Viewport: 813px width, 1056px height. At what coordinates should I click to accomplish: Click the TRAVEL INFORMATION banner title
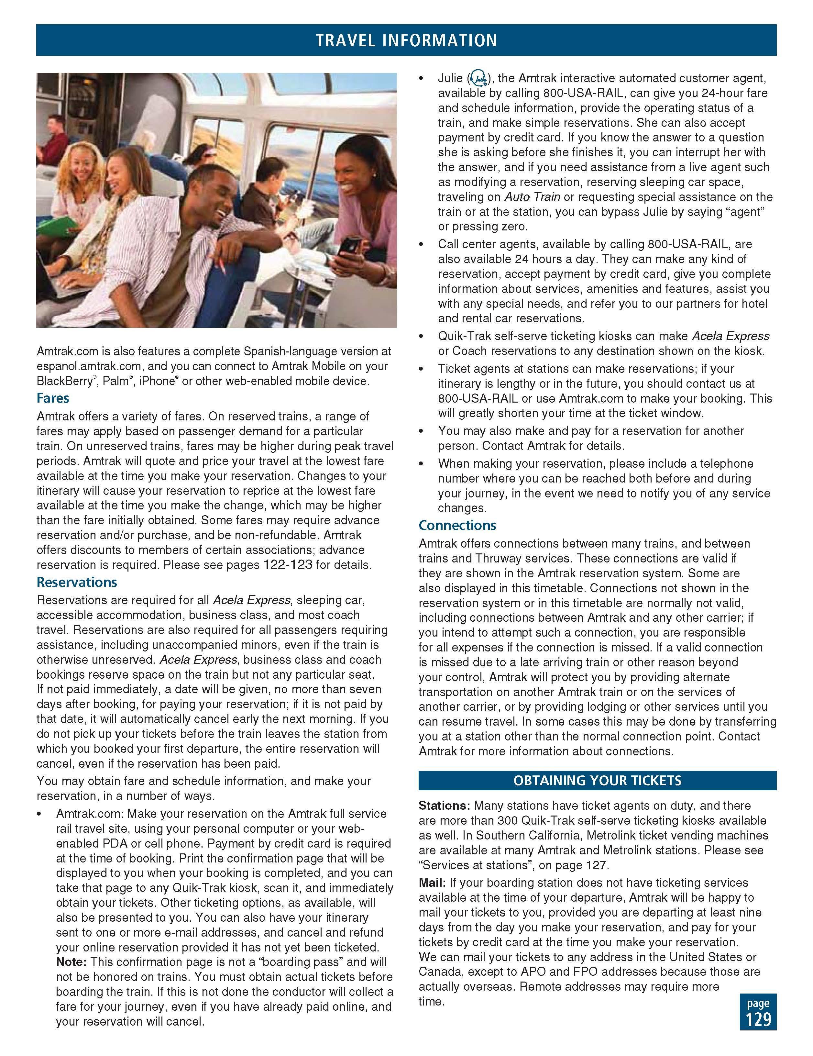[x=406, y=40]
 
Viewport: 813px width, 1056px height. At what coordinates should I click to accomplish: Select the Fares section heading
[x=53, y=398]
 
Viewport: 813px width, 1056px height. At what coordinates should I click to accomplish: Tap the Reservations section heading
[x=77, y=582]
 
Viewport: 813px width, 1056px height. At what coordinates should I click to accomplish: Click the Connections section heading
[x=457, y=526]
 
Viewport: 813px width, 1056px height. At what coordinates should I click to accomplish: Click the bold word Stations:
[x=444, y=806]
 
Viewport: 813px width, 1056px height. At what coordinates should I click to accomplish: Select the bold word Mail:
[x=432, y=883]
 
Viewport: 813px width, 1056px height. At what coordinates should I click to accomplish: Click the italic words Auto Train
[x=532, y=197]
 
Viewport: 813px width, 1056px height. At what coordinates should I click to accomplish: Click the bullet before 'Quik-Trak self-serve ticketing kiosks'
[x=422, y=337]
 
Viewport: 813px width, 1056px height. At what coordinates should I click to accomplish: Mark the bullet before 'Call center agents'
[x=422, y=245]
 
